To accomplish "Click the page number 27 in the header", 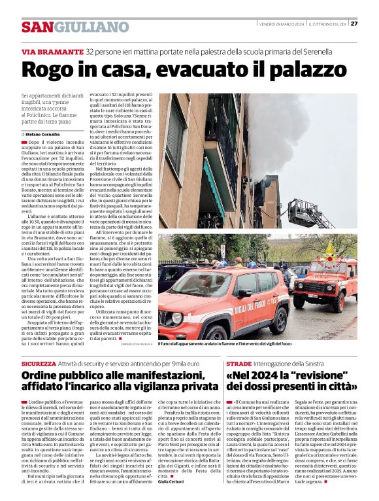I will (354, 24).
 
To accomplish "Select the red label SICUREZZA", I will (38, 363).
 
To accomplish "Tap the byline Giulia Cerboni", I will (173, 483).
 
